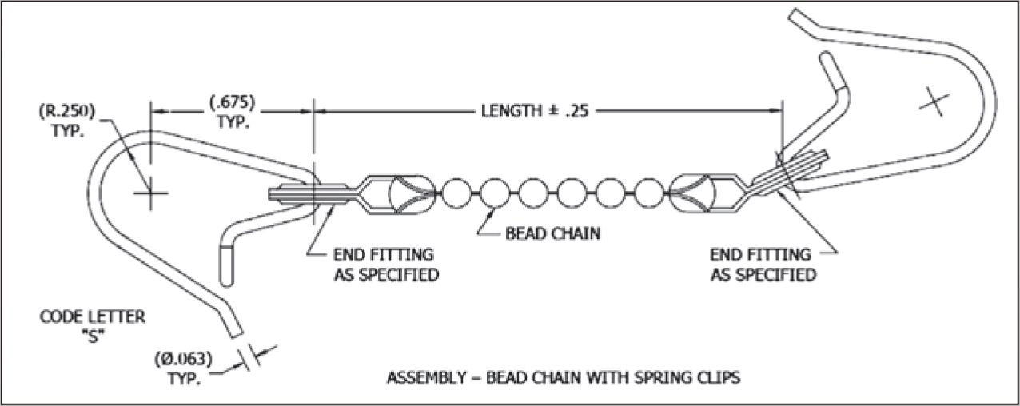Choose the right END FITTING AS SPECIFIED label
click(763, 265)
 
